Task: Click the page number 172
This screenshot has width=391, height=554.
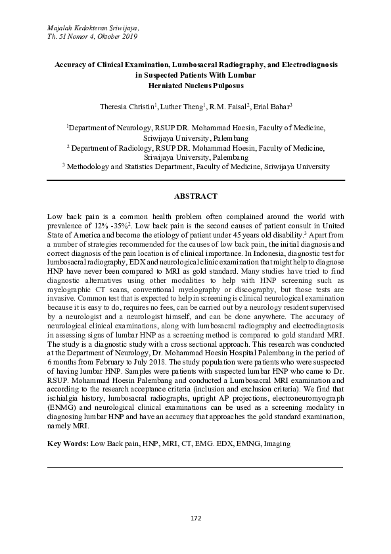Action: pos(195,518)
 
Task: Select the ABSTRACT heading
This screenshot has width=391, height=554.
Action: pos(195,197)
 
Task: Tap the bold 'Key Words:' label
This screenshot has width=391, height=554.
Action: pos(68,444)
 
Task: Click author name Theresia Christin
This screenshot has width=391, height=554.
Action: pos(127,106)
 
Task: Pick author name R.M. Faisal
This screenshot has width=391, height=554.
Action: pos(227,106)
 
